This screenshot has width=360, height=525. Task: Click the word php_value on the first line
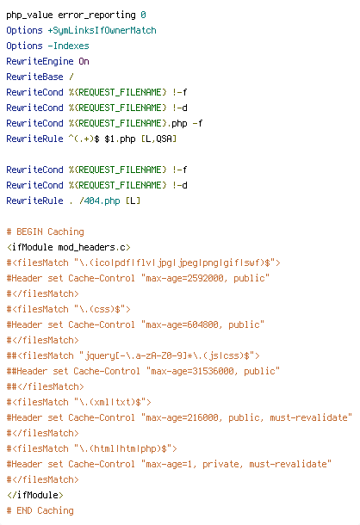pos(29,15)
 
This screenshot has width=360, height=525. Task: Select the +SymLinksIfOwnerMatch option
pos(102,30)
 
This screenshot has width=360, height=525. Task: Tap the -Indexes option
pos(68,46)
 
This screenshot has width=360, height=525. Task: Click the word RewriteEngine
pos(40,61)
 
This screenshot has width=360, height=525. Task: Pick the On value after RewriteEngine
pos(84,61)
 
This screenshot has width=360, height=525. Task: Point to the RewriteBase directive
pos(34,77)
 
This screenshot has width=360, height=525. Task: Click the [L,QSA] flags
pos(158,139)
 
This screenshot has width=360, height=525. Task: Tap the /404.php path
pos(100,201)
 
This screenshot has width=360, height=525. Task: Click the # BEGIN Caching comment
pos(46,232)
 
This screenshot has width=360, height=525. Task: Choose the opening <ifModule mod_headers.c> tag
pos(68,247)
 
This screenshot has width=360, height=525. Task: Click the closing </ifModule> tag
pos(34,495)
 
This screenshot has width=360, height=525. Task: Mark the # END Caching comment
pos(40,510)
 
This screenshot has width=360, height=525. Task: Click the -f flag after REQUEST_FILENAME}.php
pos(197,123)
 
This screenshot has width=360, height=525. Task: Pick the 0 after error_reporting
pos(143,15)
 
